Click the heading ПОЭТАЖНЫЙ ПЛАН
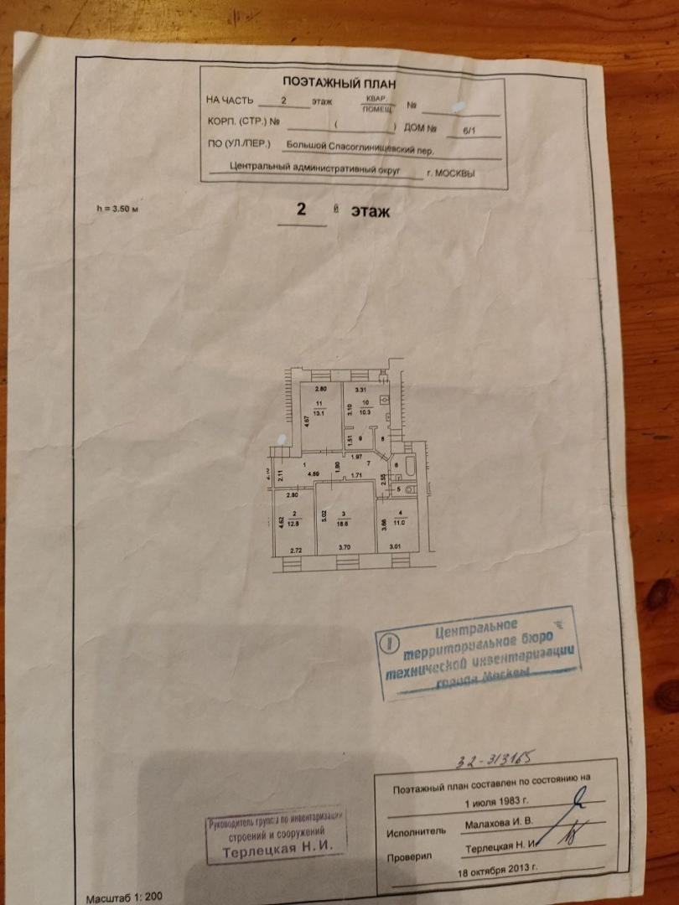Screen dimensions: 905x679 (339, 83)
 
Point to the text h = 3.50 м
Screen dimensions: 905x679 (117, 209)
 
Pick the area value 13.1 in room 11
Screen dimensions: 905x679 (318, 411)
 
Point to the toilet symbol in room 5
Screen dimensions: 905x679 (409, 489)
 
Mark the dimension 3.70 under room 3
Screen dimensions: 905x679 (343, 547)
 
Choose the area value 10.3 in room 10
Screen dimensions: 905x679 (365, 410)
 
